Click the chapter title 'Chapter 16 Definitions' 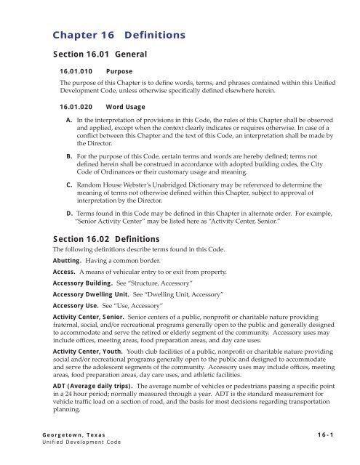click(121, 34)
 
